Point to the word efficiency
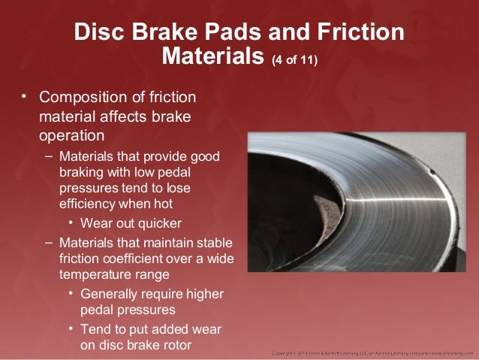[x=87, y=204]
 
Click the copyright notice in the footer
[x=372, y=352]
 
